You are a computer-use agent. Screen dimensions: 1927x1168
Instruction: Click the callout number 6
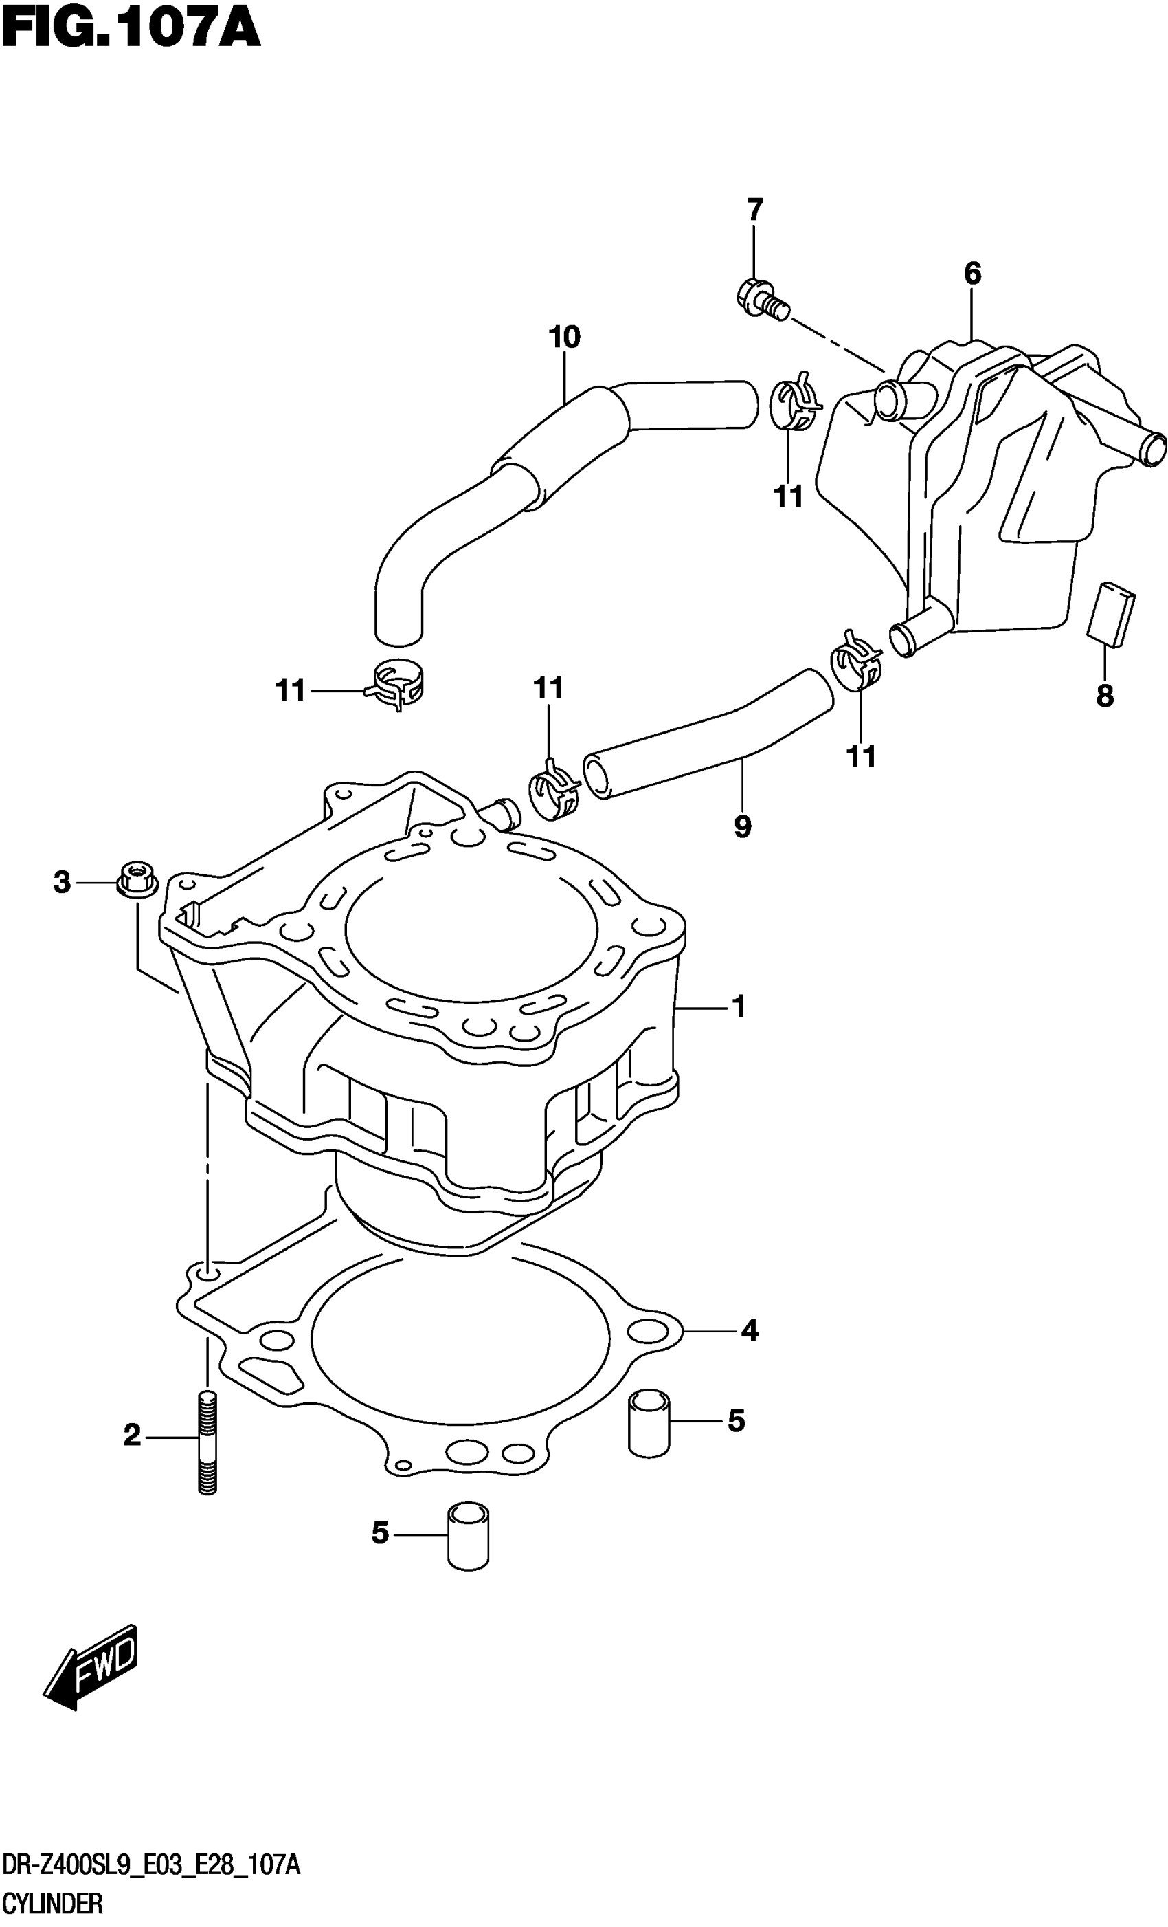pos(972,274)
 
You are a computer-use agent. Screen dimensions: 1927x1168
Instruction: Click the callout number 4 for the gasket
pos(749,1330)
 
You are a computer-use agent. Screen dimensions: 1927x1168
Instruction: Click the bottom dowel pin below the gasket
pos(469,1534)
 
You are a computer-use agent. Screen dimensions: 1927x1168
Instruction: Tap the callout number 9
pos(743,826)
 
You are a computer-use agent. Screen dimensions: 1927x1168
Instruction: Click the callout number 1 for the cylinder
pos(739,1006)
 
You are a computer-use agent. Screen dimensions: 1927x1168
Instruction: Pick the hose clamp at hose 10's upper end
pos(795,404)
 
